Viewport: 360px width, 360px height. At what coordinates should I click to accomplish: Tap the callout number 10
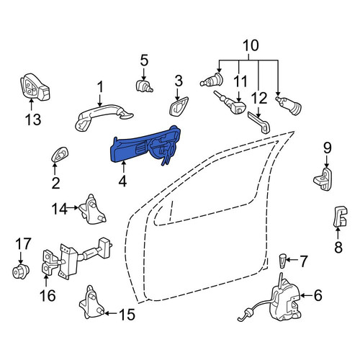coord(251,45)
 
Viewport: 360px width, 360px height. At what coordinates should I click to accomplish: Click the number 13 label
coord(33,119)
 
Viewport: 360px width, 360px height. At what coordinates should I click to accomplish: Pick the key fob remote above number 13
coord(35,88)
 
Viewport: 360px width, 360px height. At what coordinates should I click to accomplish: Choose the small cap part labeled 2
coord(60,154)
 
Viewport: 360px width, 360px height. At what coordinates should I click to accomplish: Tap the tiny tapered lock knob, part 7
coord(283,261)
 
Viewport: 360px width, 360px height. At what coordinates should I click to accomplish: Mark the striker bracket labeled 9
coord(323,179)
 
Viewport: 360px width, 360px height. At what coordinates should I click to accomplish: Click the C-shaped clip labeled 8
coord(341,217)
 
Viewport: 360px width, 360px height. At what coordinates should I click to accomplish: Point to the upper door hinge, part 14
coord(92,210)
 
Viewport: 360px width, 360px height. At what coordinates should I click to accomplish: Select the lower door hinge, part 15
coord(92,302)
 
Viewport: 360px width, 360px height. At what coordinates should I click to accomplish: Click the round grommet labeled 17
coord(20,271)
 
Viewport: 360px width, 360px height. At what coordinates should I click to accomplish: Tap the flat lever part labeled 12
coord(259,122)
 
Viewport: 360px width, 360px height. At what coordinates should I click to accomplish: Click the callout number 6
coord(318,295)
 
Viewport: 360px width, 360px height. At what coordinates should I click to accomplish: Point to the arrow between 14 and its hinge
coord(73,208)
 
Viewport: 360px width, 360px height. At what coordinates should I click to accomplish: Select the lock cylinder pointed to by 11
coord(230,102)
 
